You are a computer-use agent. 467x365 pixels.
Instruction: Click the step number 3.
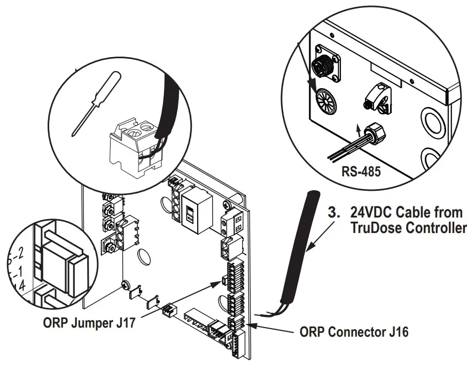click(333, 212)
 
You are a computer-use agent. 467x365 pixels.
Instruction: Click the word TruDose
click(373, 228)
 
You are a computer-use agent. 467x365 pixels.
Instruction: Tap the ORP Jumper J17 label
click(89, 323)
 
